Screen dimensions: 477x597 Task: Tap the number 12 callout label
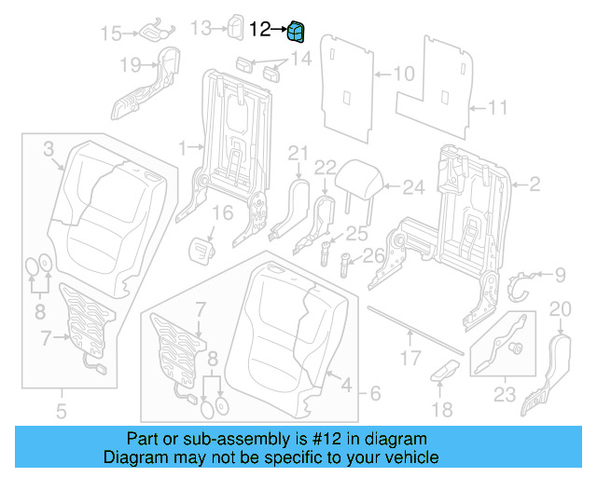260,30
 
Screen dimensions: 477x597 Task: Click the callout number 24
412,187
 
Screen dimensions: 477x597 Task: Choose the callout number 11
497,108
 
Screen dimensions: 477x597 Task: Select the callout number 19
130,65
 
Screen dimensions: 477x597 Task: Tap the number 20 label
560,309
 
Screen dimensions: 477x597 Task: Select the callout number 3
49,147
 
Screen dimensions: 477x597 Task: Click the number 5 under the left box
61,408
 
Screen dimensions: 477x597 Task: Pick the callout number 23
505,394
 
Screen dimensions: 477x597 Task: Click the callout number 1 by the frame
184,146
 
